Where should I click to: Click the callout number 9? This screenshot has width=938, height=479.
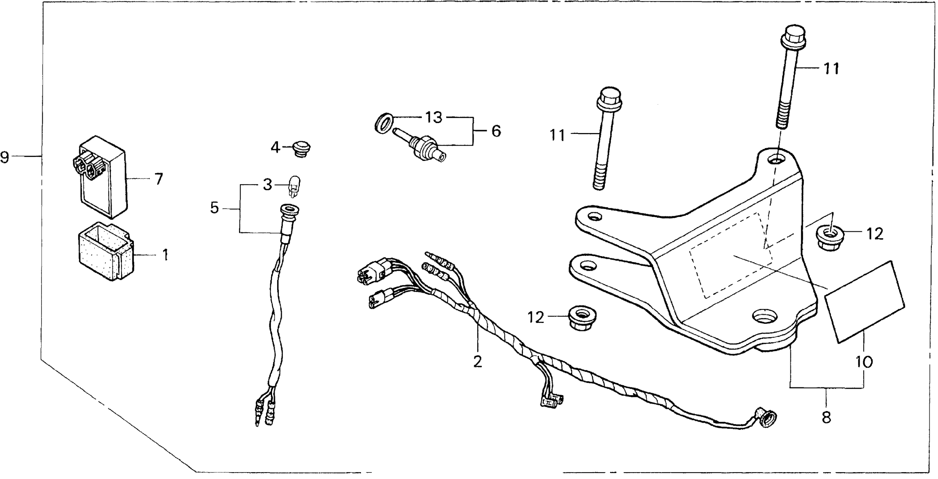tap(5, 158)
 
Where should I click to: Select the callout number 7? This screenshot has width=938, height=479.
tap(158, 179)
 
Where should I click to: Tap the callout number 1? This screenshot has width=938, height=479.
tap(165, 255)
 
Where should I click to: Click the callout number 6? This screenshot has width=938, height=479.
tap(496, 131)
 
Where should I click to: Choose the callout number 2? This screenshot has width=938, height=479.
tap(477, 361)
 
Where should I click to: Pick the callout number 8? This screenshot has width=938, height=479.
tap(826, 417)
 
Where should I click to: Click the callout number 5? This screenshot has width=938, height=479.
tap(215, 208)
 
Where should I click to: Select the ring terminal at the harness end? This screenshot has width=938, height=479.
tap(767, 420)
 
